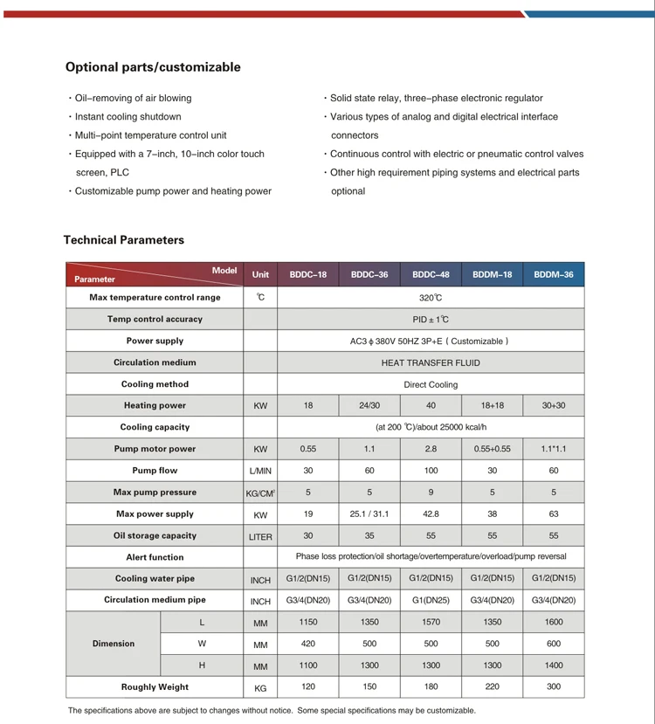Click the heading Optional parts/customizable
tap(153, 67)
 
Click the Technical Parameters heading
tap(124, 240)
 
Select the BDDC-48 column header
tap(431, 274)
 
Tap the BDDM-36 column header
tap(554, 274)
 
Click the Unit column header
tap(260, 274)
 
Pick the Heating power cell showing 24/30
tap(369, 405)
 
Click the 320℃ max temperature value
tap(431, 298)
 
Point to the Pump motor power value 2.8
tap(431, 449)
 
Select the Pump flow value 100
tap(431, 471)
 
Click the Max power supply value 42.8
tap(431, 514)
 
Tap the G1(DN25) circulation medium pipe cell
tap(431, 600)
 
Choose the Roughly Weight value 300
tap(554, 687)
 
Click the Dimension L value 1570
tap(431, 623)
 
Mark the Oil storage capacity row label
tap(155, 535)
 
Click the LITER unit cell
tap(260, 536)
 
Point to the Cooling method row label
tap(155, 384)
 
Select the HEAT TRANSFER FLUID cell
tap(431, 362)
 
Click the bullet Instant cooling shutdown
tap(128, 117)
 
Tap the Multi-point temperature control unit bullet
tap(150, 135)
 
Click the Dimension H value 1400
tap(554, 665)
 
